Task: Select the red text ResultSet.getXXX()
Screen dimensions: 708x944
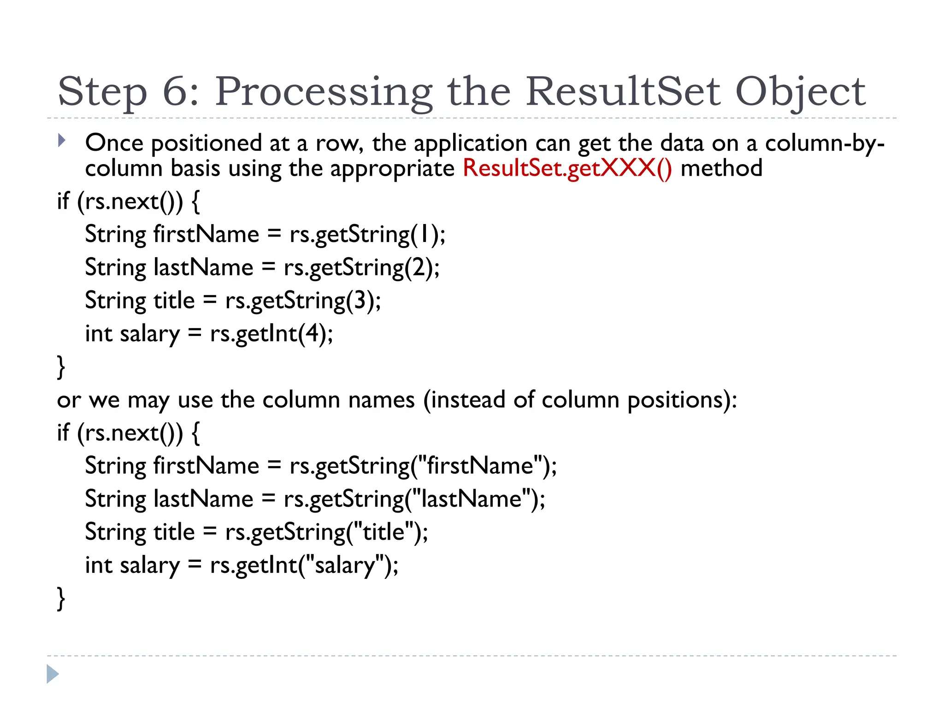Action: click(x=567, y=168)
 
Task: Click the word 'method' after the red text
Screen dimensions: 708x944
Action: click(x=721, y=168)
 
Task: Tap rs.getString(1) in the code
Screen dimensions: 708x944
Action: click(x=367, y=235)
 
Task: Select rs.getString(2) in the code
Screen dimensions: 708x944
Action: click(x=361, y=268)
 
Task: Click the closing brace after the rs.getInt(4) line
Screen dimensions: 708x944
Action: click(x=61, y=367)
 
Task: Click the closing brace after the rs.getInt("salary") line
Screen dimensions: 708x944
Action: click(x=61, y=598)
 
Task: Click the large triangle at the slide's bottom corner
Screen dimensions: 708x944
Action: click(x=53, y=674)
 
